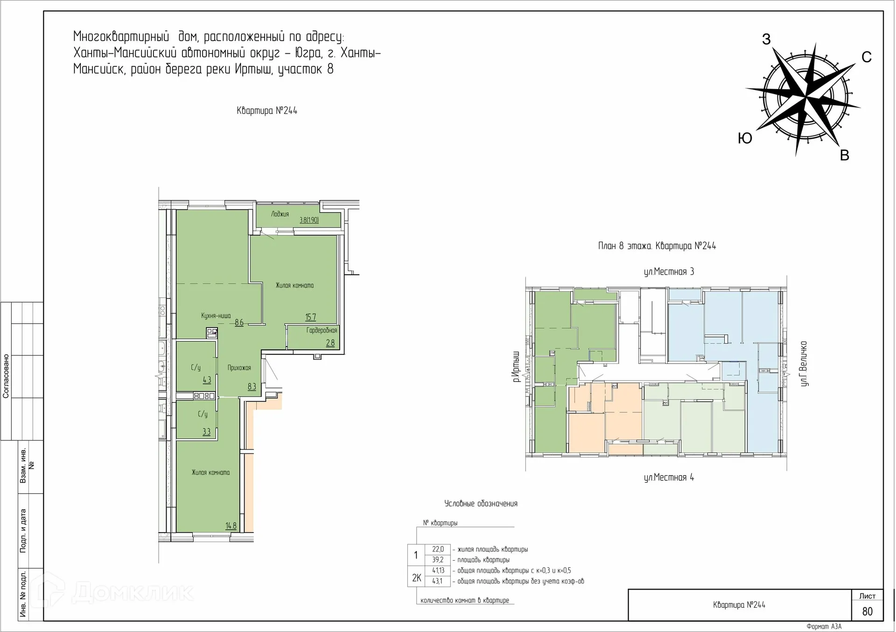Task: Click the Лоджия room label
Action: [280, 214]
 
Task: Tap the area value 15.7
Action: [311, 317]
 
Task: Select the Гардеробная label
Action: [322, 330]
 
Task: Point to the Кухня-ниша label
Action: [216, 316]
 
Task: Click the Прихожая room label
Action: [239, 368]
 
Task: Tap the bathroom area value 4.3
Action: [207, 380]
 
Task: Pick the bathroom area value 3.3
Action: [206, 432]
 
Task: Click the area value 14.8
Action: [231, 526]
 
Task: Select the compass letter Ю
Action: [745, 138]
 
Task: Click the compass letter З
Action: [766, 39]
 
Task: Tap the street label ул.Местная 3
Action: [669, 271]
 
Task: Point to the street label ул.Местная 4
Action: [669, 477]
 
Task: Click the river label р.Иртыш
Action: [516, 367]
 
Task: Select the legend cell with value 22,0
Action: [438, 549]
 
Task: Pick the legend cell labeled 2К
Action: [416, 578]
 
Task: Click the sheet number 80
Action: [868, 611]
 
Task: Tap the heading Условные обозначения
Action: [481, 504]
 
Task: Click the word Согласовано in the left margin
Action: [6, 376]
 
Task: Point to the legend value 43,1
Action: [437, 581]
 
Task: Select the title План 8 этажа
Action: [625, 246]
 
